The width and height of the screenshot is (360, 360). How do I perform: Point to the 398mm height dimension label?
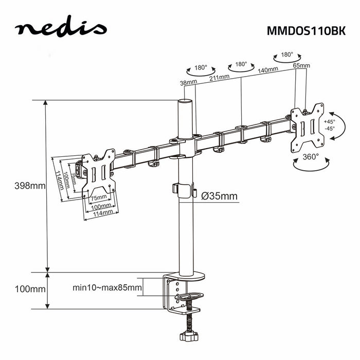[x=29, y=186]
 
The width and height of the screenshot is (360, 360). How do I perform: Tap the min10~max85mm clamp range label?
[x=106, y=289]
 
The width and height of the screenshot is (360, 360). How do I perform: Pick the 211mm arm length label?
[x=219, y=78]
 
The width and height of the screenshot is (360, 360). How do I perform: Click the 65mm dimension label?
[x=301, y=66]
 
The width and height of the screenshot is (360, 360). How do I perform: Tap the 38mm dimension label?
[x=189, y=83]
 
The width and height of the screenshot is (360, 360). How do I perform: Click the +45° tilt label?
[x=329, y=121]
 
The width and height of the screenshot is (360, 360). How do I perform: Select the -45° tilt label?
[x=329, y=129]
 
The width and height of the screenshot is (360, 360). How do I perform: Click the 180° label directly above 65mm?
[x=286, y=54]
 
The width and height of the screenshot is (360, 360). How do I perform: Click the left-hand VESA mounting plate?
[x=98, y=173]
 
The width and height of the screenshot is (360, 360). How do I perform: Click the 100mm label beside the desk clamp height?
[x=29, y=289]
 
